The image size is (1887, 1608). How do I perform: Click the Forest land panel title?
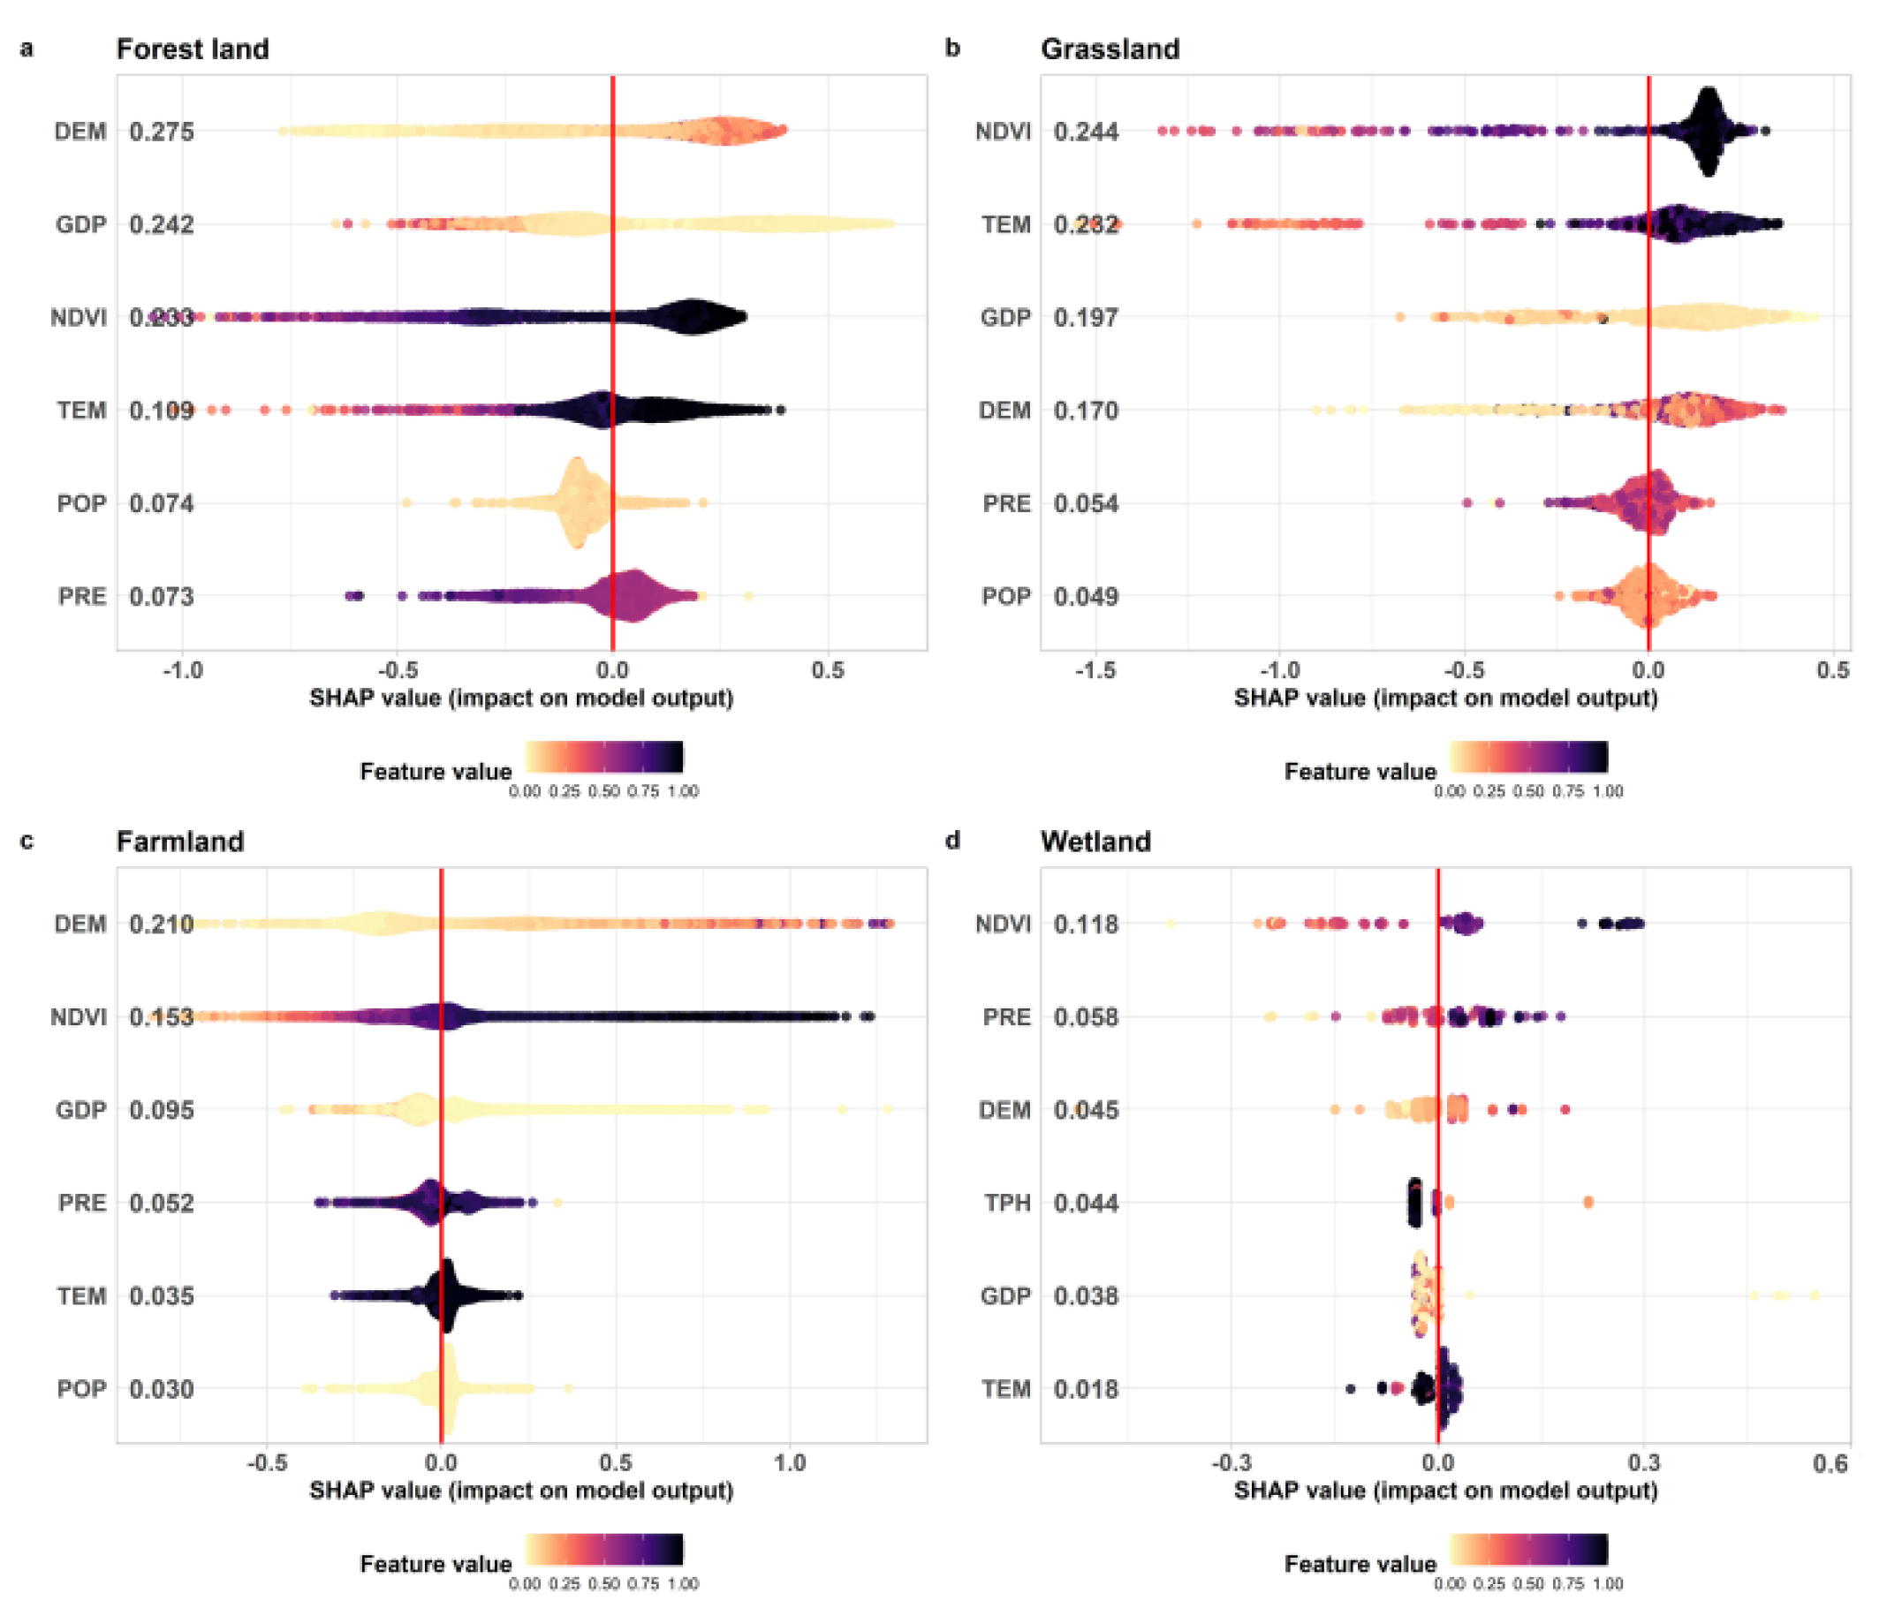coord(193,49)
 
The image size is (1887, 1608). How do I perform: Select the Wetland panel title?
coord(1095,842)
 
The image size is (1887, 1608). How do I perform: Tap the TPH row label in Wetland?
coord(1007,1203)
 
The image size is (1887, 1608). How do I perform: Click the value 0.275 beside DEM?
coord(161,132)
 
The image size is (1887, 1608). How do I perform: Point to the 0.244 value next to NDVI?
coord(1086,132)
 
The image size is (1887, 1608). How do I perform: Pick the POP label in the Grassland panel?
coord(1005,596)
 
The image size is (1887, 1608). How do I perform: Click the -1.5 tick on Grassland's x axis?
coord(1095,671)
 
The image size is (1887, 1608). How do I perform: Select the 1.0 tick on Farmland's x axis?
coord(790,1463)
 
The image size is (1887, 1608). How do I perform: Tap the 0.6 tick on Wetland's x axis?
coord(1830,1463)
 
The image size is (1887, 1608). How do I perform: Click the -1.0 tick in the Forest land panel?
coord(182,671)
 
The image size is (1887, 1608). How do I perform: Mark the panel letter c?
coord(27,841)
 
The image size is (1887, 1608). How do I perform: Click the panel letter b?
coord(952,49)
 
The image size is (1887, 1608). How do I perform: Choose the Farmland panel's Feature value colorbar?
coord(603,1550)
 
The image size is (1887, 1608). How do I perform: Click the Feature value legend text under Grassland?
coord(1360,772)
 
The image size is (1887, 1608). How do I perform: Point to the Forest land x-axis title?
coord(521,698)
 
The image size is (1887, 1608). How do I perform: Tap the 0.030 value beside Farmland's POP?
coord(161,1388)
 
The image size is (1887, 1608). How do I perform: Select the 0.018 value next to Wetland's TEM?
coord(1086,1388)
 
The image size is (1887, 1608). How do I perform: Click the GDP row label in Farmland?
coord(81,1110)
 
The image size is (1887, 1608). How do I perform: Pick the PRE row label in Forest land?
coord(82,596)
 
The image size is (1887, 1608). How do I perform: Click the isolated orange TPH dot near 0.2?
coord(1588,1203)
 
